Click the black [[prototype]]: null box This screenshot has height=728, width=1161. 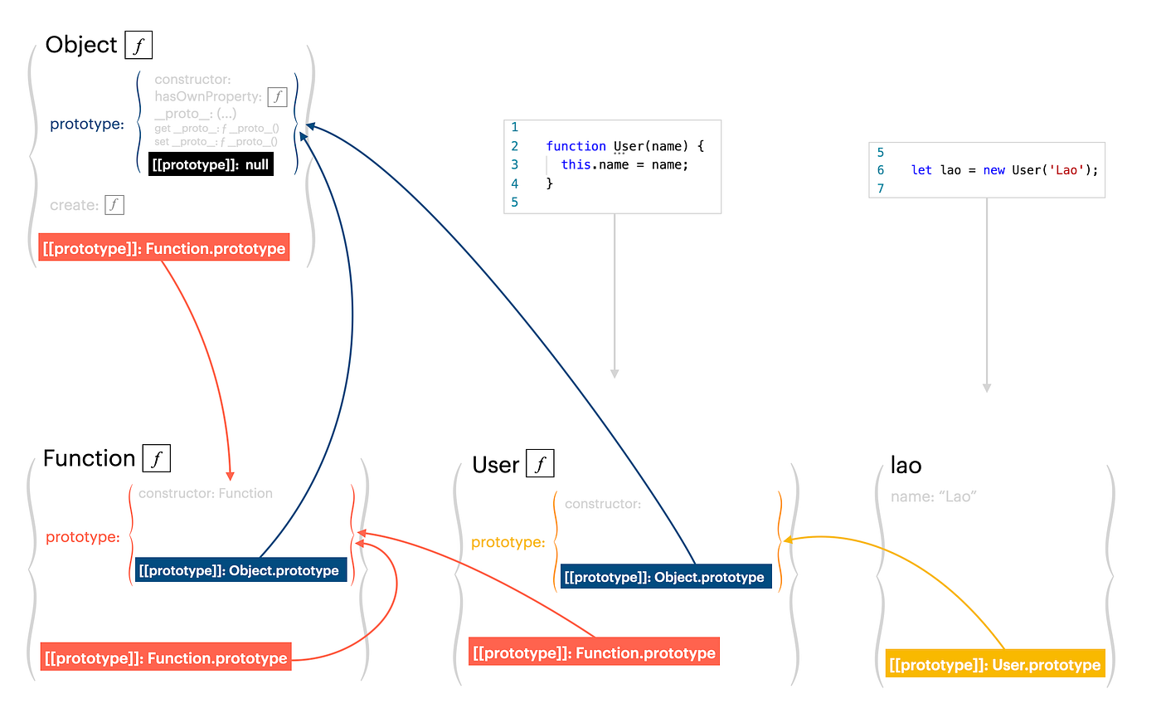point(211,164)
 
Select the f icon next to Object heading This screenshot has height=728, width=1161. point(138,45)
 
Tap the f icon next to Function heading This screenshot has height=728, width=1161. point(156,458)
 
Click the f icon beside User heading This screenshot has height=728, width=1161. point(540,464)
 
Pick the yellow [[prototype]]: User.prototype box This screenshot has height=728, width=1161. point(995,665)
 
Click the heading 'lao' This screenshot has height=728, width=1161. point(906,466)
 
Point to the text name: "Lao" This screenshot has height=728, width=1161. point(933,496)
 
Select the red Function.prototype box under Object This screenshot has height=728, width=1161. point(164,248)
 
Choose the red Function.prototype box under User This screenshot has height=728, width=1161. point(594,652)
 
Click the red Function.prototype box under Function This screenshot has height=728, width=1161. point(166,657)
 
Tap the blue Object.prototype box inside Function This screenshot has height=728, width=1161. point(240,570)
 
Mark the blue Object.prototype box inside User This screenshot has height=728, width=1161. point(665,577)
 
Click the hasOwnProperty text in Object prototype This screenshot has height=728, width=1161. point(208,97)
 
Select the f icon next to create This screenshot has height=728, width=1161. point(114,205)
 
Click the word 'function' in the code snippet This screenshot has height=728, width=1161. point(576,146)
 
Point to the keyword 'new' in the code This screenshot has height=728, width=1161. point(994,170)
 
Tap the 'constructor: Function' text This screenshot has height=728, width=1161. point(206,493)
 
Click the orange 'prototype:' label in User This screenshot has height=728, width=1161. point(508,542)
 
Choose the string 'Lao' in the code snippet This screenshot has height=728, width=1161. point(1066,170)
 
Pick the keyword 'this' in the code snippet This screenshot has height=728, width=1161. point(576,164)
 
